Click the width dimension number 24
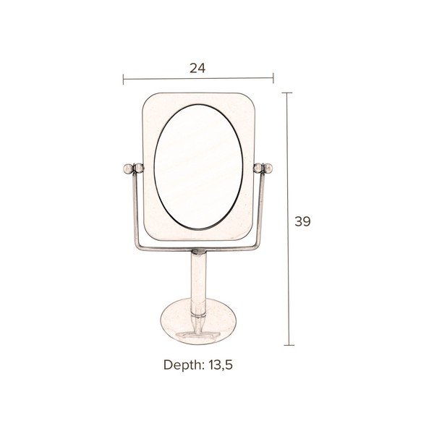tap(197, 68)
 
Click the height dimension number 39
tap(302, 221)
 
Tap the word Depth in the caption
tap(184, 365)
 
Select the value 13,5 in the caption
tap(221, 365)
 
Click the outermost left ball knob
tap(128, 169)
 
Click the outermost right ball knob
tap(268, 168)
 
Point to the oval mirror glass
tap(198, 167)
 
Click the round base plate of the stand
tap(198, 321)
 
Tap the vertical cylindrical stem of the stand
tap(199, 285)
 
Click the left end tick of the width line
tap(123, 79)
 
